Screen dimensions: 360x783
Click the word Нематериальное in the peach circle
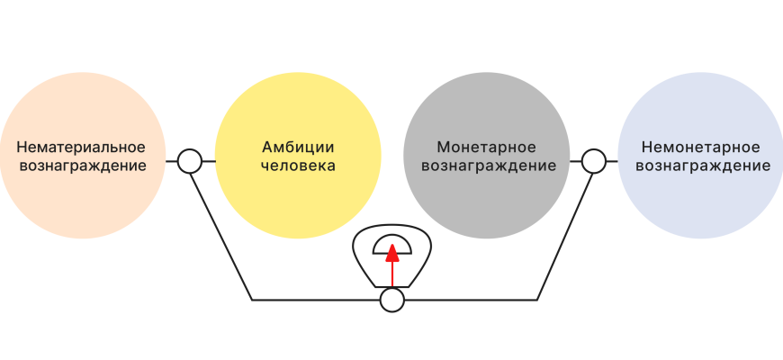[x=80, y=147]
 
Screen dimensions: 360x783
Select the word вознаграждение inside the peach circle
[x=80, y=166]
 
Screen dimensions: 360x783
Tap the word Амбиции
[x=298, y=147]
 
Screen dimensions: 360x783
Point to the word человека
[x=298, y=166]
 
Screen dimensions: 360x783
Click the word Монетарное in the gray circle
[x=486, y=147]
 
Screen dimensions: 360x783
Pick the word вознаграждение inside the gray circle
[x=488, y=166]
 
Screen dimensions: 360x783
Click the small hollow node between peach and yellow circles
[x=189, y=162]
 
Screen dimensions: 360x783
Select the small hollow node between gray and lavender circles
[x=592, y=162]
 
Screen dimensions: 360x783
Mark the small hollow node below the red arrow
[x=391, y=300]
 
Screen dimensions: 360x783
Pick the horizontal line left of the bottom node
[x=315, y=299]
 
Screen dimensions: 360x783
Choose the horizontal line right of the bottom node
[x=468, y=299]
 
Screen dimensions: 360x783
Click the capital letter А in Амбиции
[x=267, y=147]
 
